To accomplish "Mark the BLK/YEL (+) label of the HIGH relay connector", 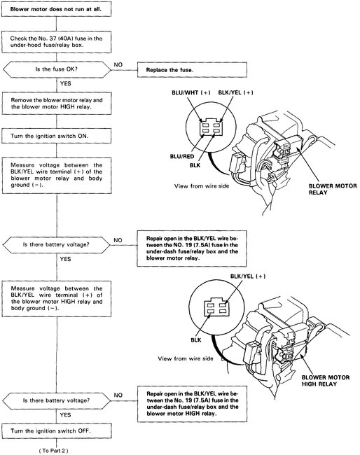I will (233, 276).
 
